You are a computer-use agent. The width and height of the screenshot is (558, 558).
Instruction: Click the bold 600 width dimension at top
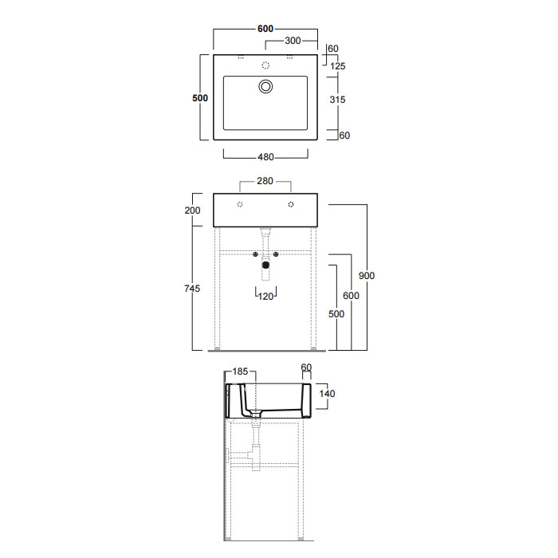click(x=265, y=29)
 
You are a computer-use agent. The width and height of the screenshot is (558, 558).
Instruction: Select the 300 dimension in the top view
click(x=293, y=41)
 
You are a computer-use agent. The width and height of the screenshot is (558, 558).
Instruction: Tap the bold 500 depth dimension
click(x=200, y=98)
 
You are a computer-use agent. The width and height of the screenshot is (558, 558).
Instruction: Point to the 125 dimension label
click(x=338, y=66)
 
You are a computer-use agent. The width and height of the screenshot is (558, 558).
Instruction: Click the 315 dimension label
click(x=337, y=100)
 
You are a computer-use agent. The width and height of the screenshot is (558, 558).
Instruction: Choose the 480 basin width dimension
click(x=265, y=157)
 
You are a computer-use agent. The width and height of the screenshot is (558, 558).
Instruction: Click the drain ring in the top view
click(x=265, y=86)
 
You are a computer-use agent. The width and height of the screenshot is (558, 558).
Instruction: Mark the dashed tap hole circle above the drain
click(x=265, y=65)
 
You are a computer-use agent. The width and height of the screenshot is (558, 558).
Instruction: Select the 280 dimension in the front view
click(x=265, y=181)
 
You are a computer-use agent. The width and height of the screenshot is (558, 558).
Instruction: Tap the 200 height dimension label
click(x=193, y=210)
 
